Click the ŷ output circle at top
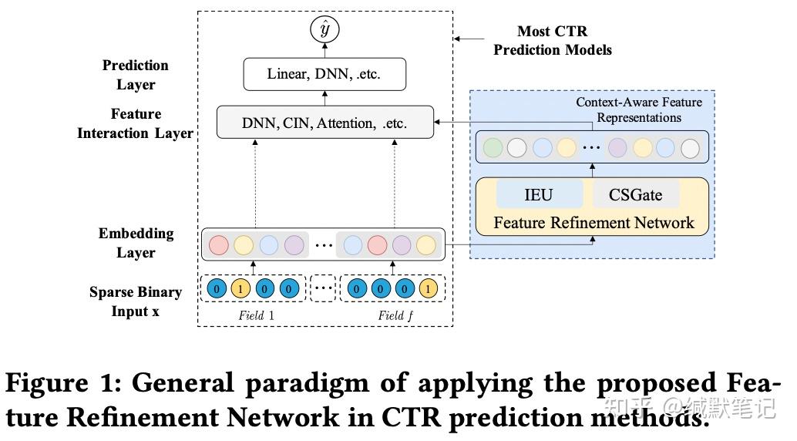(325, 29)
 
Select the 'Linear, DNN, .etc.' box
(324, 75)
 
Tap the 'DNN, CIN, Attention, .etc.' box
(325, 123)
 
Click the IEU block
(539, 195)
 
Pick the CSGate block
(636, 195)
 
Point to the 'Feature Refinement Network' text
(594, 224)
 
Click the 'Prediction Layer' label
(136, 75)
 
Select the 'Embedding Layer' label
(136, 243)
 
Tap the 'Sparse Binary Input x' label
(136, 301)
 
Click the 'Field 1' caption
(256, 315)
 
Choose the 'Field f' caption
(392, 315)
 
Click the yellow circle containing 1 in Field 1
(241, 290)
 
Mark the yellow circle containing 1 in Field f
(428, 290)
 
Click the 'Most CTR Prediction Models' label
(552, 41)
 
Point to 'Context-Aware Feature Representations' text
(628, 109)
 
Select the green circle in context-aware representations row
(492, 147)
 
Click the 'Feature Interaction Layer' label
(136, 123)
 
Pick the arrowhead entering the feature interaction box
(436, 123)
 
